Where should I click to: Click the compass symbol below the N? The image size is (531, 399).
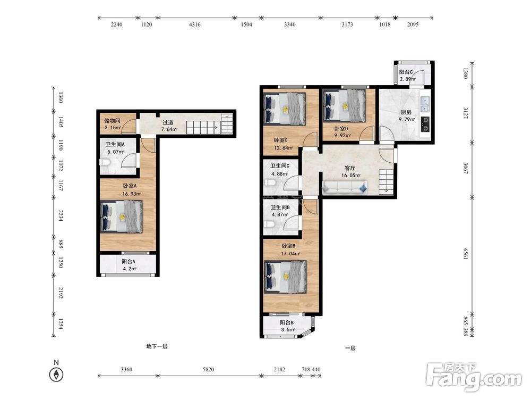tap(56, 375)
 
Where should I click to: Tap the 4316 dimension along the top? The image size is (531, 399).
tap(195, 24)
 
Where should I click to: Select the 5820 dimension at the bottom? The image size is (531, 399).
tap(208, 369)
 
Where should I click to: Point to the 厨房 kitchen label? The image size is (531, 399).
tap(406, 112)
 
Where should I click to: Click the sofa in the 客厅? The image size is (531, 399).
tap(345, 187)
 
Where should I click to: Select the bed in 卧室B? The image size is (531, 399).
tap(285, 277)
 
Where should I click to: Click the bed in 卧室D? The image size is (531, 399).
tap(345, 105)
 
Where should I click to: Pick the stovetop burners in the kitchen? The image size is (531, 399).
tap(425, 124)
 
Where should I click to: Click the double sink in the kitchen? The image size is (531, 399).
tap(425, 104)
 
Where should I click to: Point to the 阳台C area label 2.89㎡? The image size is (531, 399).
tap(407, 79)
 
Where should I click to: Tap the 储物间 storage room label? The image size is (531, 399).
tap(112, 120)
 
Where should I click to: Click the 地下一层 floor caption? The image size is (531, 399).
tap(157, 346)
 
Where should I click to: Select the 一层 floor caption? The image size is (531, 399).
tap(350, 348)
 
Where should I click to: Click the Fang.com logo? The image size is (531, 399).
tap(474, 377)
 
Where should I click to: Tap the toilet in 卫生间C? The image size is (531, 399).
tap(270, 183)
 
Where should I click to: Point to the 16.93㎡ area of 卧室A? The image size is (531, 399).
tap(132, 194)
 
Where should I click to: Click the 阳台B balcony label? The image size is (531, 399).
tap(287, 323)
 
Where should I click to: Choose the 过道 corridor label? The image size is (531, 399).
tap(168, 122)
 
